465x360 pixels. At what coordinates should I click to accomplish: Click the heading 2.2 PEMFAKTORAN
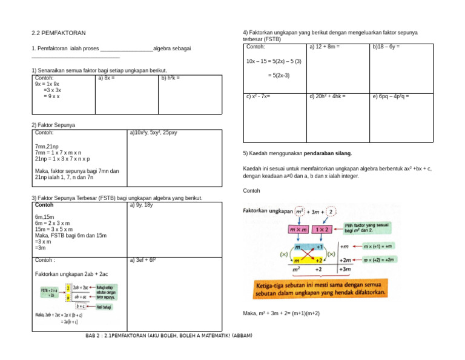click(59, 33)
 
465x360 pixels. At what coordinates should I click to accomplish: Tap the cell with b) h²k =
click(170, 78)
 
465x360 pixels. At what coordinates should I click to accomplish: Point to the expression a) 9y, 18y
click(141, 205)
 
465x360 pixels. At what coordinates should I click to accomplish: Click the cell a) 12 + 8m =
click(324, 47)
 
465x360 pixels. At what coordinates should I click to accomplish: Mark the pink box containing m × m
click(298, 230)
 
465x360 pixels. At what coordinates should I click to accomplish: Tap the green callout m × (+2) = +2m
click(380, 259)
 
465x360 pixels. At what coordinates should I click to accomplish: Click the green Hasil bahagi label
click(103, 307)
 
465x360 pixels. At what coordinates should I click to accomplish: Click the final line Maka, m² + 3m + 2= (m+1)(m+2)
click(281, 313)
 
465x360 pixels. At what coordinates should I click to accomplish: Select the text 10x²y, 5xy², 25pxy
click(156, 132)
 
